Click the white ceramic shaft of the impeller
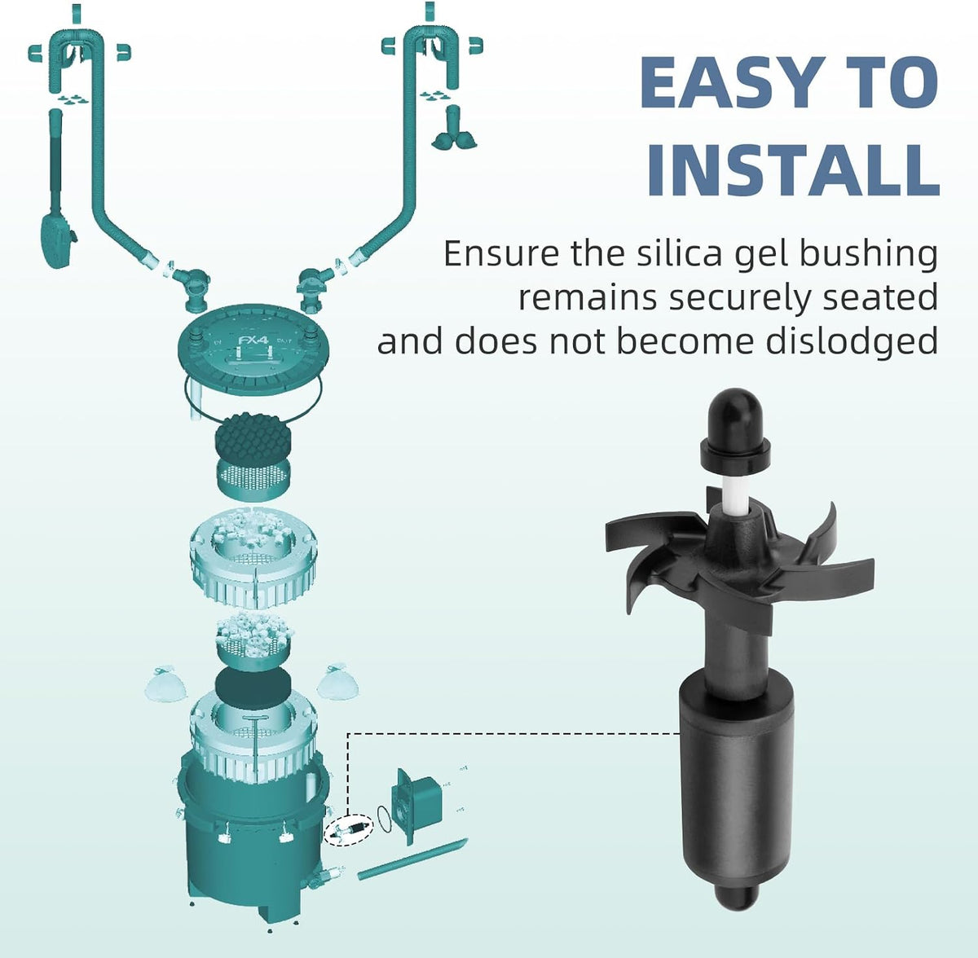point(736,491)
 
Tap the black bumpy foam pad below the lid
point(252,435)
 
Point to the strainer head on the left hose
point(55,243)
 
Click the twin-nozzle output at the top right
point(453,130)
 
